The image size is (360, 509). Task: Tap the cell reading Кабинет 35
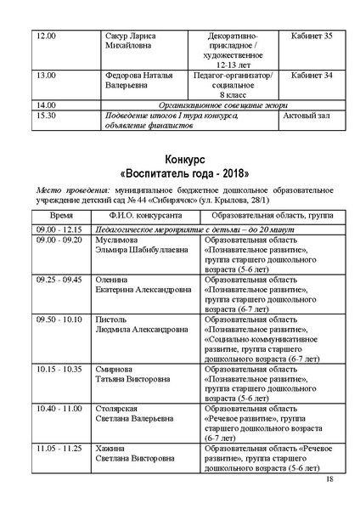pyautogui.click(x=311, y=37)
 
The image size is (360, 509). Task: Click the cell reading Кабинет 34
pyautogui.click(x=311, y=76)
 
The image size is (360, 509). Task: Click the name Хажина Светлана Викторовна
pyautogui.click(x=136, y=453)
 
